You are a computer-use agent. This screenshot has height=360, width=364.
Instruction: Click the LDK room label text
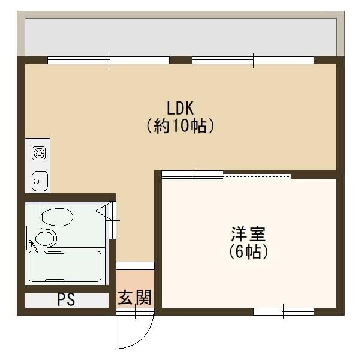pyautogui.click(x=180, y=108)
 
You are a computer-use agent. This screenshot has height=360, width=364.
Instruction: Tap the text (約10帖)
pyautogui.click(x=180, y=127)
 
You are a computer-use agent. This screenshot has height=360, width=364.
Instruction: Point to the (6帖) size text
pyautogui.click(x=248, y=252)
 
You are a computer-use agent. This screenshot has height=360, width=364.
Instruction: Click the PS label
pyautogui.click(x=66, y=299)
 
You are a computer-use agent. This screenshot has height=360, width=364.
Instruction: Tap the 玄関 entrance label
pyautogui.click(x=134, y=297)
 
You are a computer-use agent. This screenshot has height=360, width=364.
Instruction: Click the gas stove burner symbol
pyautogui.click(x=40, y=154)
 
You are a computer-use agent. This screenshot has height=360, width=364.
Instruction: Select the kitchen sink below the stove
pyautogui.click(x=40, y=179)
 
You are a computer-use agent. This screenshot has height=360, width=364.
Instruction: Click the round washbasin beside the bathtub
pyautogui.click(x=45, y=238)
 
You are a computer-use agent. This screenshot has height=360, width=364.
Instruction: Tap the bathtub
pyautogui.click(x=65, y=266)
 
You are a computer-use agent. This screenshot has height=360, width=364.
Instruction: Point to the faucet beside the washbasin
pyautogui.click(x=31, y=244)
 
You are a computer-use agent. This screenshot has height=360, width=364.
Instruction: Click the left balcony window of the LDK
pyautogui.click(x=109, y=59)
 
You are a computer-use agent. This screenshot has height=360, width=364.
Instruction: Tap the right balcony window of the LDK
pyautogui.click(x=252, y=59)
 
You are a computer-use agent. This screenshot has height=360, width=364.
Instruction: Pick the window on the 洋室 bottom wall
pyautogui.click(x=283, y=311)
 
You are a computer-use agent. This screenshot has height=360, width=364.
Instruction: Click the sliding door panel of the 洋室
pyautogui.click(x=192, y=175)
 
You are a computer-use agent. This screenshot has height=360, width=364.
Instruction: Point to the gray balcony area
pyautogui.click(x=180, y=37)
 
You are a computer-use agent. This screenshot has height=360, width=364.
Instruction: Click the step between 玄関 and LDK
pyautogui.click(x=134, y=265)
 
